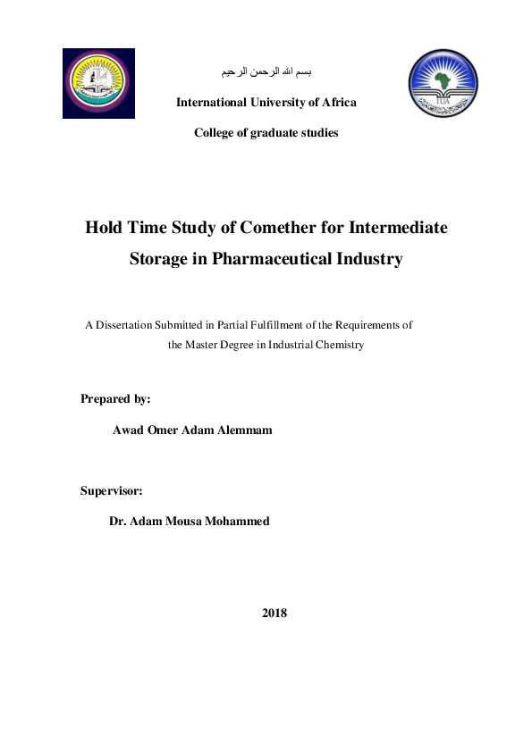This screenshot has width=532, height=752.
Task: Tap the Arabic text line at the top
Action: click(266, 71)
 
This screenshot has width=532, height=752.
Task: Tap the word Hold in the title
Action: click(104, 227)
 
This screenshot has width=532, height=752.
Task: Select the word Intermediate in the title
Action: click(396, 227)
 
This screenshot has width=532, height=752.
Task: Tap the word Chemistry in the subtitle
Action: click(339, 345)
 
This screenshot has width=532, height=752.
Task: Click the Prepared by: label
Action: click(115, 398)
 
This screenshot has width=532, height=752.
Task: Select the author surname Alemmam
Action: click(241, 430)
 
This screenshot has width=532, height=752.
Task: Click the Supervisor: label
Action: click(112, 490)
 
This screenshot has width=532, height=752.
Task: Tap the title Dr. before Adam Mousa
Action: click(118, 522)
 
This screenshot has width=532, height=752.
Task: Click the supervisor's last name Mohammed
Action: click(238, 522)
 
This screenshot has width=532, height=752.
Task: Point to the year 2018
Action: click(274, 614)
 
